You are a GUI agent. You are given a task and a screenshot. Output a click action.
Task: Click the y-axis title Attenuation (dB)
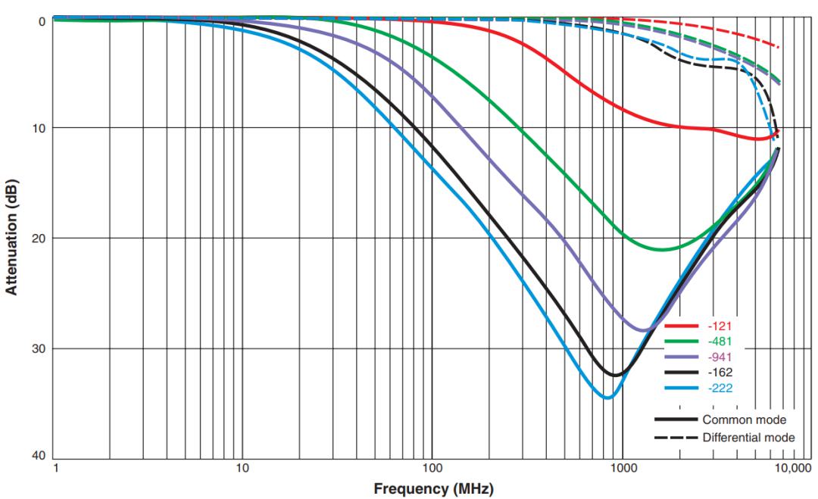tap(13, 237)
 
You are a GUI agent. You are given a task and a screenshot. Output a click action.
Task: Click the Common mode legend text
tap(745, 419)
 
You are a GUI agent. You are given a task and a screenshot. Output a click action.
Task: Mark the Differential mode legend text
tap(749, 437)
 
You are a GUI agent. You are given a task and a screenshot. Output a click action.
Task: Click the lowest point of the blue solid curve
tap(607, 398)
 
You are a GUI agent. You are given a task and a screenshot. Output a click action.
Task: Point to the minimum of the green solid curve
tap(663, 249)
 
